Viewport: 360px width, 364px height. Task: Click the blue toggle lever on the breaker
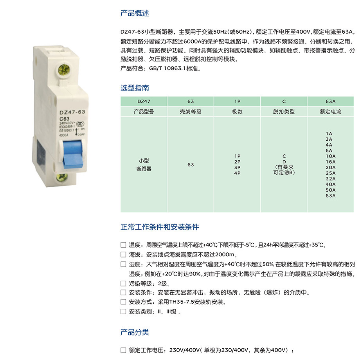point(72,154)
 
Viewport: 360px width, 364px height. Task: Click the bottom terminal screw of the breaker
point(62,177)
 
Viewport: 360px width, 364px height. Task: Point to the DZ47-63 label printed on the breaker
point(72,112)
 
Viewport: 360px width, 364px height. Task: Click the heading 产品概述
point(135,13)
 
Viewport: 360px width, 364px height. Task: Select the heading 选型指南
point(135,88)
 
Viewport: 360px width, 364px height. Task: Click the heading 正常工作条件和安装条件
point(160,227)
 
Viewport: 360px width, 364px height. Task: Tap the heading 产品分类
point(135,332)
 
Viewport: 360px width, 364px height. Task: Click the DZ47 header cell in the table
point(144,101)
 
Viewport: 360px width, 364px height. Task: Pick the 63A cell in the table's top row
point(331,101)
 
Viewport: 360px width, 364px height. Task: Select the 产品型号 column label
point(144,112)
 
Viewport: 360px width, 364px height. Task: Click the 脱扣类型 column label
point(284,112)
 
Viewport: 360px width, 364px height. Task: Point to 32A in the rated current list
point(331,179)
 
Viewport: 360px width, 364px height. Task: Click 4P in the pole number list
point(238,173)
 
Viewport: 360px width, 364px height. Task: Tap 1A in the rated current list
point(329,134)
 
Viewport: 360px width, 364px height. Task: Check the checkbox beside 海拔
point(123,255)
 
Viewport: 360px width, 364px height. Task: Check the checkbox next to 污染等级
point(123,283)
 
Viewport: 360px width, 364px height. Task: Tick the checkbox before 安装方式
point(123,302)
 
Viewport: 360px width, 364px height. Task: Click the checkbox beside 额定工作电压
point(123,350)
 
